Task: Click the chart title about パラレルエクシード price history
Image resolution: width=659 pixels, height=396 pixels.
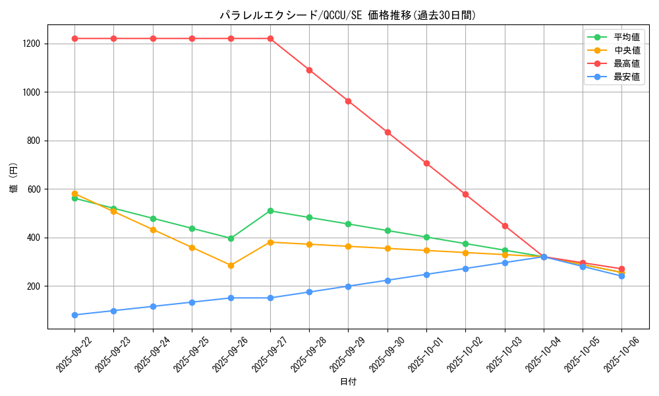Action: (348, 15)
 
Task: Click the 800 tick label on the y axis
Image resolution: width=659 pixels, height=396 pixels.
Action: (32, 141)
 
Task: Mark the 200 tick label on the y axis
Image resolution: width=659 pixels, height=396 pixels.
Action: (32, 286)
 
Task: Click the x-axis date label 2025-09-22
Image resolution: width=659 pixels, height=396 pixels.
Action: (73, 352)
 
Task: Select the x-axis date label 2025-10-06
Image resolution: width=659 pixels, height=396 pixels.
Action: (620, 352)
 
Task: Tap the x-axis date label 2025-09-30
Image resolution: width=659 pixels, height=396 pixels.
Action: (386, 352)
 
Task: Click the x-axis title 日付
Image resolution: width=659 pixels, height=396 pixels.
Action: (348, 382)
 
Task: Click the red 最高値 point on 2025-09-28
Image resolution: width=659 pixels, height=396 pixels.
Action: (309, 70)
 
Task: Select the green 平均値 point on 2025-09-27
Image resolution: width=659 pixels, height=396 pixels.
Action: (270, 211)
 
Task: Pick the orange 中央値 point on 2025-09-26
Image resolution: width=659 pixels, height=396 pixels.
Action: (231, 265)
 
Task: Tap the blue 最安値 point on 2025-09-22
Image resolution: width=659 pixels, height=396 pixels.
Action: (74, 315)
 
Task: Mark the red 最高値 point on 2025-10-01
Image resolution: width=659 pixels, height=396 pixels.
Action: (426, 163)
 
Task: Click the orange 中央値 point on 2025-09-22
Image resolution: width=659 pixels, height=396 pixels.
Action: (74, 193)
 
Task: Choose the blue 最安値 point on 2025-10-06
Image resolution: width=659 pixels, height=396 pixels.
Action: (621, 276)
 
